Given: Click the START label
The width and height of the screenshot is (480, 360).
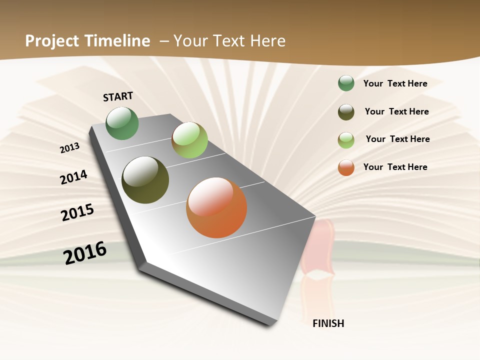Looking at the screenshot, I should [118, 96].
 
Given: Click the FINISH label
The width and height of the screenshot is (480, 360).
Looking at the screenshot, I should [328, 323].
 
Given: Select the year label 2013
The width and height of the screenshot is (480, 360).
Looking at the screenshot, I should [70, 147].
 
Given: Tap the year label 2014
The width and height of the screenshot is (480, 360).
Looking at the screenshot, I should [74, 177].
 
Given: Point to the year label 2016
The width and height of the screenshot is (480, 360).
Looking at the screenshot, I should [85, 252].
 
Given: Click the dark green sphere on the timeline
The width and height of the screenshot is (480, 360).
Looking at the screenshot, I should [122, 123].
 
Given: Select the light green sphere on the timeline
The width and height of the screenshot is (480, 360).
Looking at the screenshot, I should [189, 139].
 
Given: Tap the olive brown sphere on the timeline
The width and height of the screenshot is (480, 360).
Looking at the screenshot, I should [145, 180].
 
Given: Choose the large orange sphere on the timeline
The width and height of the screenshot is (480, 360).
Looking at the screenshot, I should [216, 207].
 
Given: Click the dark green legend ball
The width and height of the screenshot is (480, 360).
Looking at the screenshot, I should [346, 83].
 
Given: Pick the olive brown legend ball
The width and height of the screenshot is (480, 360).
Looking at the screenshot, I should [346, 112].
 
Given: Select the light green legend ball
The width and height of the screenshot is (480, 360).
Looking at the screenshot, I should [346, 140].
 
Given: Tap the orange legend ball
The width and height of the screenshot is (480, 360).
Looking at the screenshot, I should [346, 167].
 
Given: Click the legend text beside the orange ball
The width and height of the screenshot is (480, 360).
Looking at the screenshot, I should [395, 167].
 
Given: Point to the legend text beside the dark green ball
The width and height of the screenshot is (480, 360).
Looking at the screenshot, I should [395, 83].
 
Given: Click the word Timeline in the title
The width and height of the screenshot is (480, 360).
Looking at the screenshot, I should [118, 41].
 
